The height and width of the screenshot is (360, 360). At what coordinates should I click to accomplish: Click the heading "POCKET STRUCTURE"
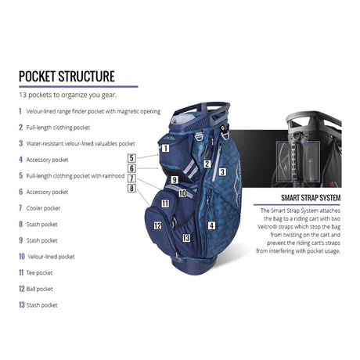pos(67,77)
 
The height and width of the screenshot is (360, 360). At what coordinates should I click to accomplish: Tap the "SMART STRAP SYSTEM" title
pos(311,198)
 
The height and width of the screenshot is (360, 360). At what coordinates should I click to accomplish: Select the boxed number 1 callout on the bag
pos(165,149)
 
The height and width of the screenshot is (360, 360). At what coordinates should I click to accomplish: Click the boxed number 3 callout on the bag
pos(222,172)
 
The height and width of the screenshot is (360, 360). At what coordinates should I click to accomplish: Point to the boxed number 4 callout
pos(211,225)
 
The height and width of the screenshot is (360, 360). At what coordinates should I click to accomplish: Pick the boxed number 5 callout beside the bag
pos(131,158)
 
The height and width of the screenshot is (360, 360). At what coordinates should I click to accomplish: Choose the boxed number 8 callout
pos(131,188)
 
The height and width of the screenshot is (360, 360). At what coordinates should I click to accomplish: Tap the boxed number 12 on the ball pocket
pos(157,225)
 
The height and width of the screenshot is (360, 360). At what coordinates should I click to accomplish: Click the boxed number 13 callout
pos(186,238)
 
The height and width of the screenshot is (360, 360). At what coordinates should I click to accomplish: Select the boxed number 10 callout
pos(182,193)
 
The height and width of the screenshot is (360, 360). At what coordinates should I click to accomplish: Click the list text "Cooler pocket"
pos(43,208)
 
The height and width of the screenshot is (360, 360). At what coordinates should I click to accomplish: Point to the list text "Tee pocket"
pos(39,273)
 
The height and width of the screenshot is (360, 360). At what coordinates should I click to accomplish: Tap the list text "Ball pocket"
pos(40,289)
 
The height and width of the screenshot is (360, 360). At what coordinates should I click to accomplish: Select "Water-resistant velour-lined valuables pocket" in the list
pos(81,144)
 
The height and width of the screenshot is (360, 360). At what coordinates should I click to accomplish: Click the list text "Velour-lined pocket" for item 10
pos(51,257)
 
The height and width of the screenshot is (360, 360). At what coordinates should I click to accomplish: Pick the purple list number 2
pos(21,128)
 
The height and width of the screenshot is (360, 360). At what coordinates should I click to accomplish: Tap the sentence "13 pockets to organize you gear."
pos(68,95)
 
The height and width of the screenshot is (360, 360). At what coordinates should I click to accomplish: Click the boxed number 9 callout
pos(175,180)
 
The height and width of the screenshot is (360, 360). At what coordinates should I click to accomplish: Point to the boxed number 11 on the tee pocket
pos(165,203)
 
